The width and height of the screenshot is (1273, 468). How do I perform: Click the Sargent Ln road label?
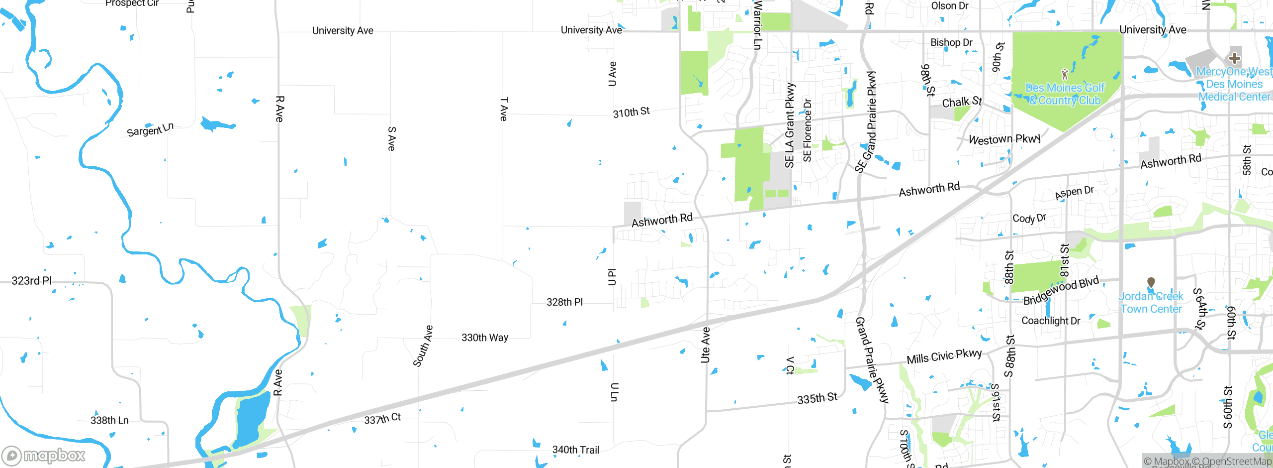[x=150, y=129]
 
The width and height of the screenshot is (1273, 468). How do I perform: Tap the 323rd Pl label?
[x=32, y=281]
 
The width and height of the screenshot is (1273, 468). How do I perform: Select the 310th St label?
[x=631, y=112]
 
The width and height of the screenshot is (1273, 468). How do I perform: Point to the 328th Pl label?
[x=564, y=302]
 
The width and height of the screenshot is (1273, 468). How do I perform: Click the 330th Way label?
[x=484, y=338]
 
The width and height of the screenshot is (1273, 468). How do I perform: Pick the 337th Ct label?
[x=382, y=419]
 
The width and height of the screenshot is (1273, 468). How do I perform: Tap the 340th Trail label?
[x=575, y=450]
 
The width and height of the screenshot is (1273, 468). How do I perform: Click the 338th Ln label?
[x=109, y=421]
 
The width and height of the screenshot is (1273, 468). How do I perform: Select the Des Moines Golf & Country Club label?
[x=1065, y=94]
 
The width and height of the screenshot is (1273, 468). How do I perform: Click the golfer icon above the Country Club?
[x=1064, y=75]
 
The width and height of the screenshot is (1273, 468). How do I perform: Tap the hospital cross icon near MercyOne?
[x=1234, y=58]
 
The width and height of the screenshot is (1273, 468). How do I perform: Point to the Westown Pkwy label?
[x=1004, y=139]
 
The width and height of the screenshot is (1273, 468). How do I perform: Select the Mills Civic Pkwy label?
[x=944, y=356]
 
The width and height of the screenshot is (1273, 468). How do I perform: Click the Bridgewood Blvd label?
[x=1061, y=291]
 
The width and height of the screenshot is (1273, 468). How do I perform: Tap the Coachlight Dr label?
[x=1050, y=321]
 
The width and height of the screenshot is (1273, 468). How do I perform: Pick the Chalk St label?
[x=962, y=102]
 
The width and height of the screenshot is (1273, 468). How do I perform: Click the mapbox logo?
[x=44, y=455]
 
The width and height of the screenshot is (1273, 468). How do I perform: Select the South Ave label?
[x=423, y=346]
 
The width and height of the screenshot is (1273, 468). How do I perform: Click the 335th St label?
[x=817, y=398]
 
